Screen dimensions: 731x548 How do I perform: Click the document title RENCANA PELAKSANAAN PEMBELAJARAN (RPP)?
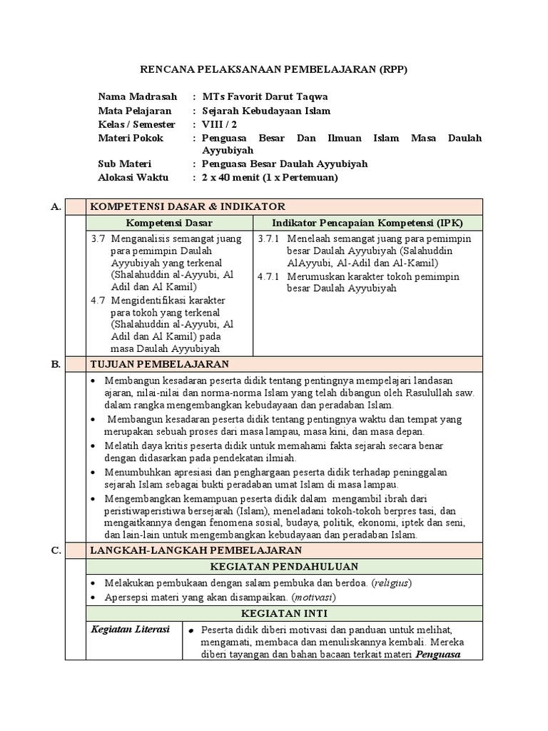273,69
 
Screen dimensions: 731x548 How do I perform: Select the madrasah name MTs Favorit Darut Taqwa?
265,96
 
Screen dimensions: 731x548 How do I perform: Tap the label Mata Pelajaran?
134,111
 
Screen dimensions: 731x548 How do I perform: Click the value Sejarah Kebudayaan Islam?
266,111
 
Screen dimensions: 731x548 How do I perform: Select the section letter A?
56,206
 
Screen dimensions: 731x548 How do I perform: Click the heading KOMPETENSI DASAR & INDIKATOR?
187,206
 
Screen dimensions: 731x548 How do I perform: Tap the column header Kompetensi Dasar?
169,223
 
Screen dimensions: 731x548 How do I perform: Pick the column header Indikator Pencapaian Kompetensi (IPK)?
367,223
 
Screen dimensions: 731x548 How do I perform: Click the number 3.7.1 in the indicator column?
269,238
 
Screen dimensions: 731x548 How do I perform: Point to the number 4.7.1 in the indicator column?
269,276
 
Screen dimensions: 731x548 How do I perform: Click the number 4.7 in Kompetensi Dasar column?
98,300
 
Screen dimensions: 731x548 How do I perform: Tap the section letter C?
56,550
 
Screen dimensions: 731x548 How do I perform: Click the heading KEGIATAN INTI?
283,613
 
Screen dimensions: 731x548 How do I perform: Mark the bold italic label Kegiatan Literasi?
130,629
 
